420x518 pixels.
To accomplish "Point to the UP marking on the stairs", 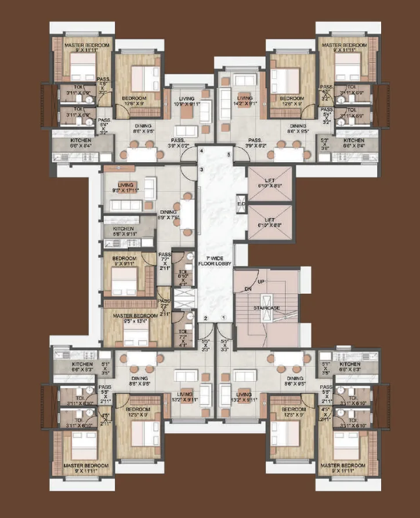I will [261, 282].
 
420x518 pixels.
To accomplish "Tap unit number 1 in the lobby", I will [225, 318].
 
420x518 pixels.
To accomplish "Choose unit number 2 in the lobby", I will [205, 318].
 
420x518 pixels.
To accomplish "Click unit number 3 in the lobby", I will [201, 169].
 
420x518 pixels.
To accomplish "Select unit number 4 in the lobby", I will [201, 151].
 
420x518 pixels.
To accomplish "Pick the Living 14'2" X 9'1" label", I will [243, 101].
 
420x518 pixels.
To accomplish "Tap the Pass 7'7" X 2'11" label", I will [165, 261].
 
